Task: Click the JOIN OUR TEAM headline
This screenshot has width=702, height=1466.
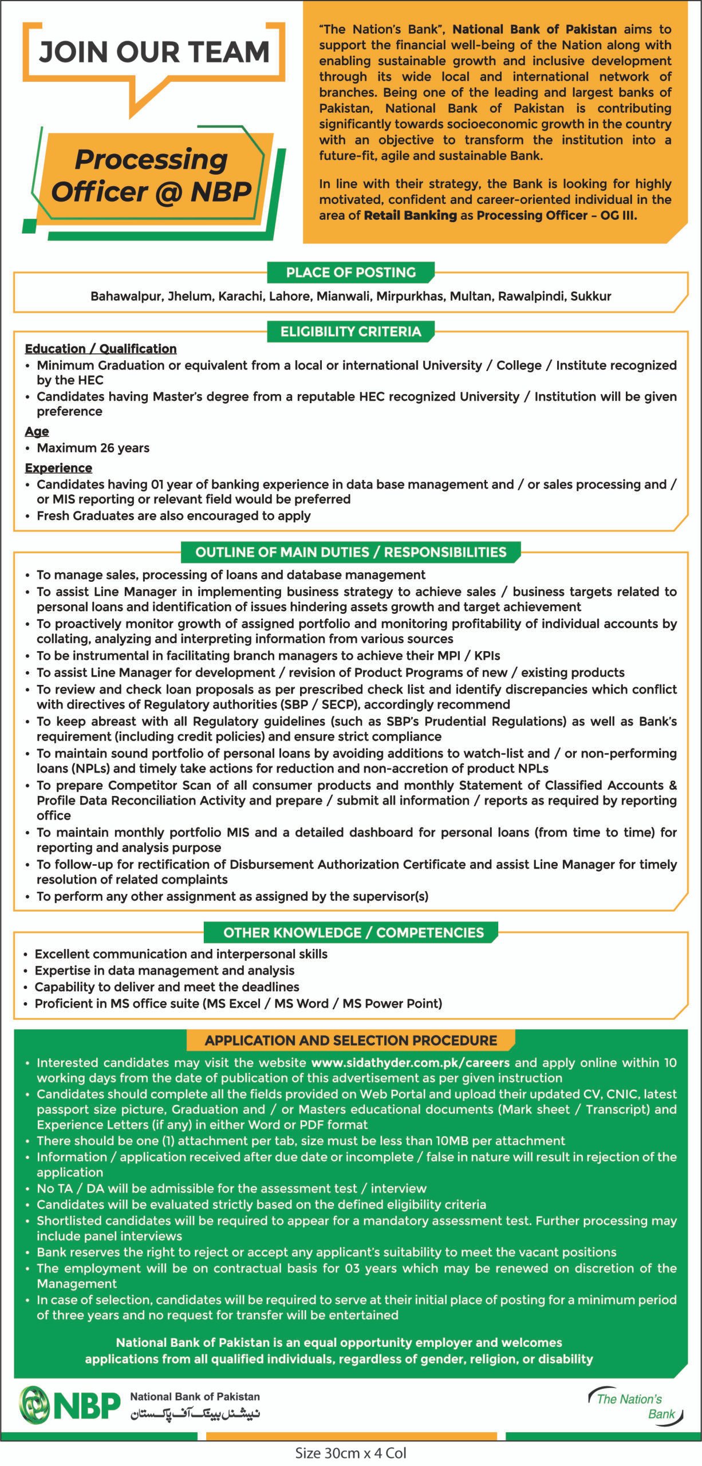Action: tap(153, 52)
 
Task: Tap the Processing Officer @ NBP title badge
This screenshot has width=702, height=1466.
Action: tap(151, 175)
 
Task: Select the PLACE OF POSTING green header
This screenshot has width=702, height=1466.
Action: tap(350, 273)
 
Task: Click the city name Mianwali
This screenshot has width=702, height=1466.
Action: tap(340, 297)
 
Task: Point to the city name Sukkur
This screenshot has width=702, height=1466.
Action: tap(590, 297)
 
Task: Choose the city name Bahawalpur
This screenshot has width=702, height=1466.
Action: tap(126, 297)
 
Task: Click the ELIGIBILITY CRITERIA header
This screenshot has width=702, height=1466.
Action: tap(350, 332)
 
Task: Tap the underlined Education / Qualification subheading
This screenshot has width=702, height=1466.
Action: tap(101, 349)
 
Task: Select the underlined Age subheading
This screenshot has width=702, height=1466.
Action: tap(37, 431)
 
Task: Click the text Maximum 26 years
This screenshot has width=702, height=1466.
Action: tap(93, 448)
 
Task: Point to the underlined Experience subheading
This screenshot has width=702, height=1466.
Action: tap(58, 468)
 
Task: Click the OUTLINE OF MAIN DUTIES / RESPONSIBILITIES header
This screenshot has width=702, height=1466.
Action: tap(350, 552)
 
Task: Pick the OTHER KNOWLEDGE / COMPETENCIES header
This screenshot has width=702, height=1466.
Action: tap(350, 932)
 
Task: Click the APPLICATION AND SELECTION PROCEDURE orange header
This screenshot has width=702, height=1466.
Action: tap(350, 1041)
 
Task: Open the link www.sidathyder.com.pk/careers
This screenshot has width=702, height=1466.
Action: tap(410, 1063)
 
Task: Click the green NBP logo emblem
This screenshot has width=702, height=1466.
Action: tap(34, 1405)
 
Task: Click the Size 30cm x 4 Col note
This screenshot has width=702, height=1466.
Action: tap(350, 1452)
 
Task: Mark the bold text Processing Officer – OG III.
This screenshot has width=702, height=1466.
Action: tap(557, 215)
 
